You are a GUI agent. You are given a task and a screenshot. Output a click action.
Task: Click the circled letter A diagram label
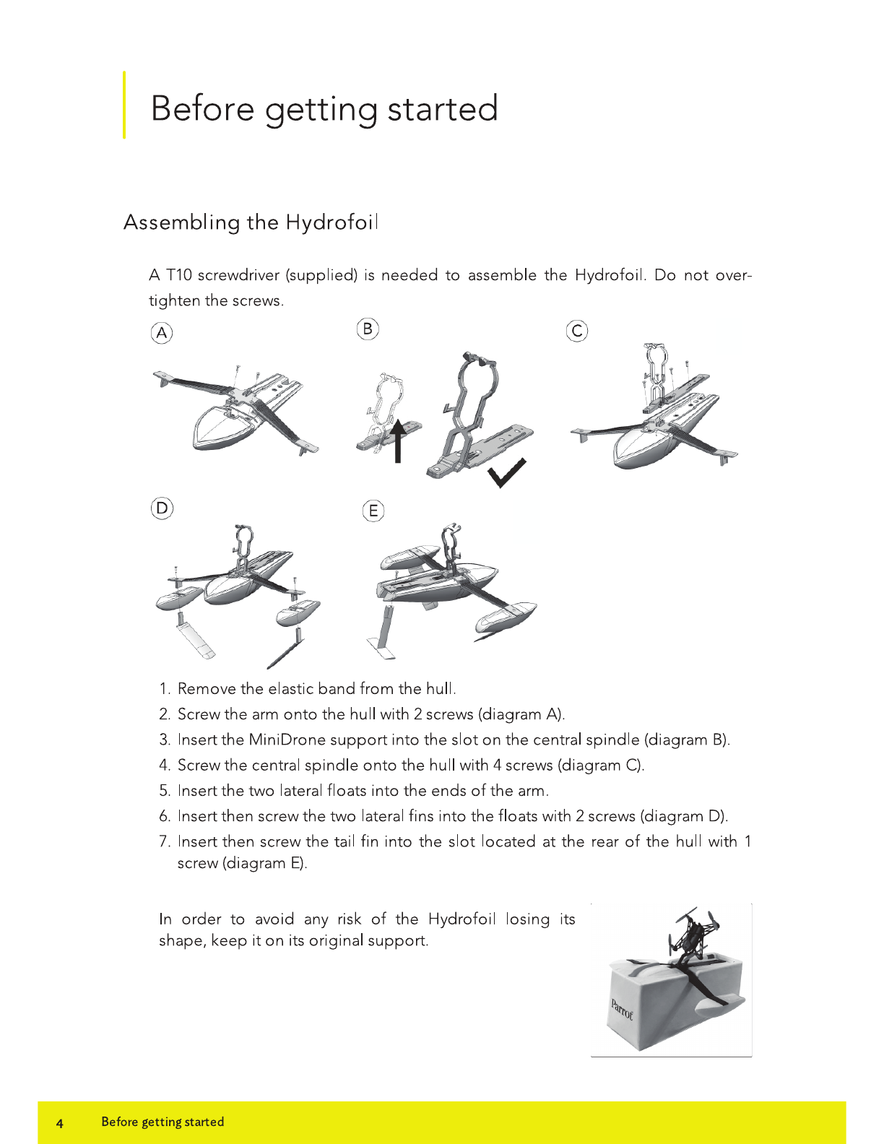162,333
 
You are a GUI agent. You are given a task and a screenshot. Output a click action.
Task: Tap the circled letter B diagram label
368,329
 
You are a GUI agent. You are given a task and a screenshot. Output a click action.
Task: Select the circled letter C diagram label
577,331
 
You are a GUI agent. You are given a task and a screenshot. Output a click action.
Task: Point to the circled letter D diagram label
162,508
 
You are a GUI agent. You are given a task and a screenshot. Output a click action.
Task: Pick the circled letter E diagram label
373,511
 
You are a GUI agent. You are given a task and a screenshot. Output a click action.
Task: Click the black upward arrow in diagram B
398,441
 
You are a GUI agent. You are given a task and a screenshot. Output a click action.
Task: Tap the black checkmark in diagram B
506,473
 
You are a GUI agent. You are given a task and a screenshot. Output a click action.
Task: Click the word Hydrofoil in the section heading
332,222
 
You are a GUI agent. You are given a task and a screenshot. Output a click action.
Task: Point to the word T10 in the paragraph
179,275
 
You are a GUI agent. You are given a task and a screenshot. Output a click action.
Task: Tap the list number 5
165,791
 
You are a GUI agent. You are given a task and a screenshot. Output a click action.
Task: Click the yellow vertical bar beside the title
124,105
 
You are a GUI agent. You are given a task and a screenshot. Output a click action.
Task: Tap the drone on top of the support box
693,932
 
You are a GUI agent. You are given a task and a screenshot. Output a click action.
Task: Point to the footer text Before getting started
162,1122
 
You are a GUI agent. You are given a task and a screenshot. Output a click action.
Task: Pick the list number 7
165,841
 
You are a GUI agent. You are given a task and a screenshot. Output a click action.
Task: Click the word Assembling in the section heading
182,223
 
